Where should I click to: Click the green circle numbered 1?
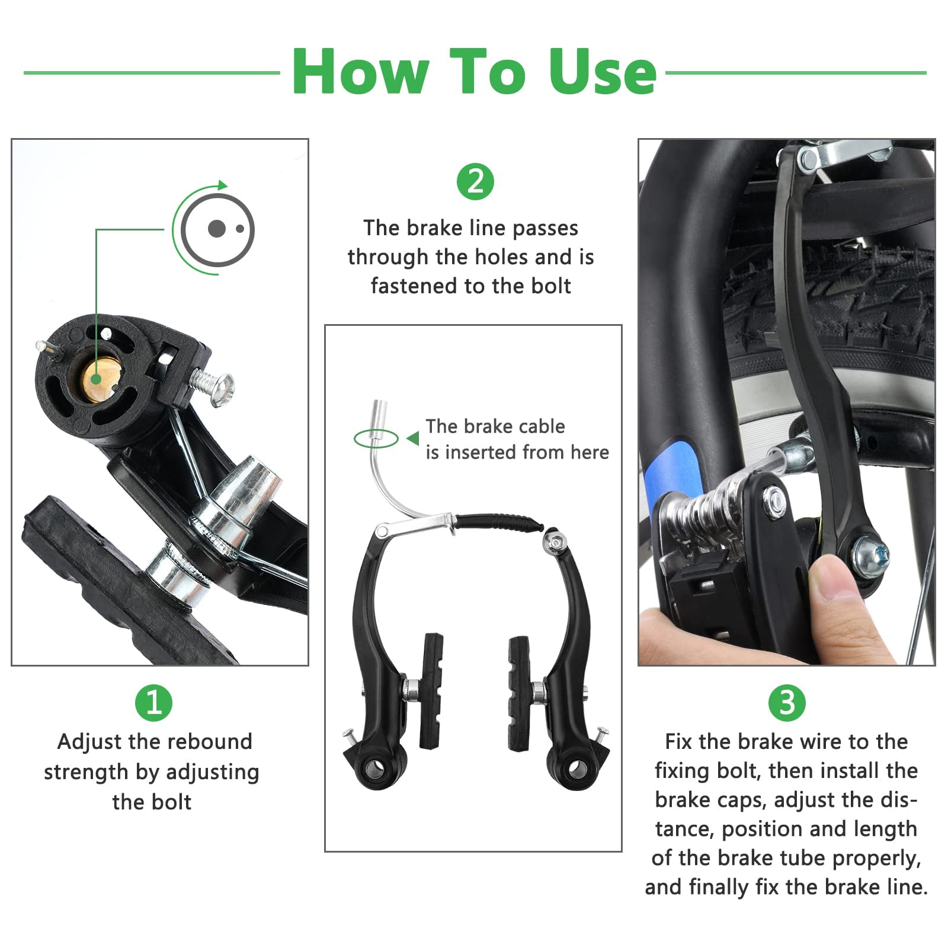point(153,703)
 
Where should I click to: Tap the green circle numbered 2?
point(475,182)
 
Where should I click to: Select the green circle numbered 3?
point(786,703)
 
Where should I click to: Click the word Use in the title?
point(602,72)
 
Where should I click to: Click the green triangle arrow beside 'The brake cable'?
point(413,438)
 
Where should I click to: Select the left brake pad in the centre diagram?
point(431,691)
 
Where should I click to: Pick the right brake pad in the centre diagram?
point(520,693)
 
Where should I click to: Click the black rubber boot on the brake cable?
point(499,523)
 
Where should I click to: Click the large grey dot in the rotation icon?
point(217,229)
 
